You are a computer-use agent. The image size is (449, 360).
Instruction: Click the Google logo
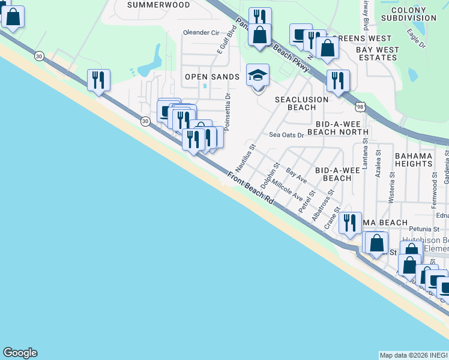point(20,353)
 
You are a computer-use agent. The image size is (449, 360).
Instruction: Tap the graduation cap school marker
point(258,76)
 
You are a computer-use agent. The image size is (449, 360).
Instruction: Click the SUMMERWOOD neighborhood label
point(158,5)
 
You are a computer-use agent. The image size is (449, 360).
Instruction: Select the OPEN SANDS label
point(212,77)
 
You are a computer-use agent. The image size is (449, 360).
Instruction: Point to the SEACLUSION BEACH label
point(301,103)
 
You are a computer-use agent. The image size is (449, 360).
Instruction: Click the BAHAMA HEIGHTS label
point(413,160)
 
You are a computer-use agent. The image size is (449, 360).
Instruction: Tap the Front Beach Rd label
point(250,188)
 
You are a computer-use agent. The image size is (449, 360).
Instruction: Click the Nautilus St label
point(249,155)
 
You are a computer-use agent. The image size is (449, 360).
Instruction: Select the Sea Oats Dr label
point(286,135)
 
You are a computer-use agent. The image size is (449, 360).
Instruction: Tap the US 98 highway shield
point(360,106)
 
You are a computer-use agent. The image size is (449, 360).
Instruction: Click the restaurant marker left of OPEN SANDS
point(98,80)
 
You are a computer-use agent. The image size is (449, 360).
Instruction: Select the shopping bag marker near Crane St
point(376,243)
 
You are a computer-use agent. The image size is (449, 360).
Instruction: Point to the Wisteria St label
point(391,186)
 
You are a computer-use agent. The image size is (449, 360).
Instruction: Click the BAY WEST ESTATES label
point(376,53)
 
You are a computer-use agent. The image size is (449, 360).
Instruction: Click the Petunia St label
point(408,229)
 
